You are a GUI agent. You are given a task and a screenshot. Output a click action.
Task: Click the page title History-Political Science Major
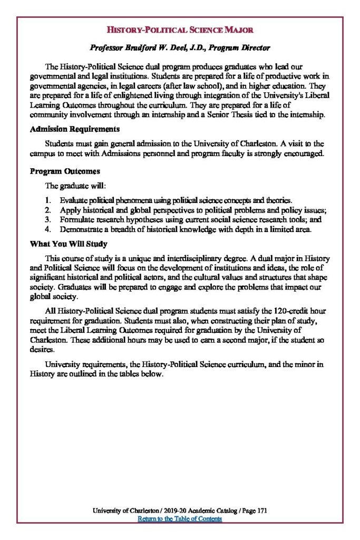coord(180,30)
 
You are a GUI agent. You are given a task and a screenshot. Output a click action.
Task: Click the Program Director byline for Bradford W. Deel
coord(180,48)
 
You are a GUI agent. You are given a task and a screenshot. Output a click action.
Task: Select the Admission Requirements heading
coord(74,129)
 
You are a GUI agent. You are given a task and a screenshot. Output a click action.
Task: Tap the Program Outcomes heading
coord(65,172)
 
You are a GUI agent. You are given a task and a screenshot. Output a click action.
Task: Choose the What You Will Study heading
coord(69,244)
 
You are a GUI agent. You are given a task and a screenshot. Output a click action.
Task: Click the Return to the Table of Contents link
coord(180,519)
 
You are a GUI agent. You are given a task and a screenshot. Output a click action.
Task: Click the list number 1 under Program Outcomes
coord(47,201)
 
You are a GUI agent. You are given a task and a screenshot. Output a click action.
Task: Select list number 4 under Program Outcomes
coord(47,230)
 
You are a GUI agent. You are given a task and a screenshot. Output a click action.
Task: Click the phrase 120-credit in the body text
coord(290,311)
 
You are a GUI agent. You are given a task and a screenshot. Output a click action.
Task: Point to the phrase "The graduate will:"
coord(75,186)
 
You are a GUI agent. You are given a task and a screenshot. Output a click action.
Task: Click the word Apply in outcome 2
coord(69,210)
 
